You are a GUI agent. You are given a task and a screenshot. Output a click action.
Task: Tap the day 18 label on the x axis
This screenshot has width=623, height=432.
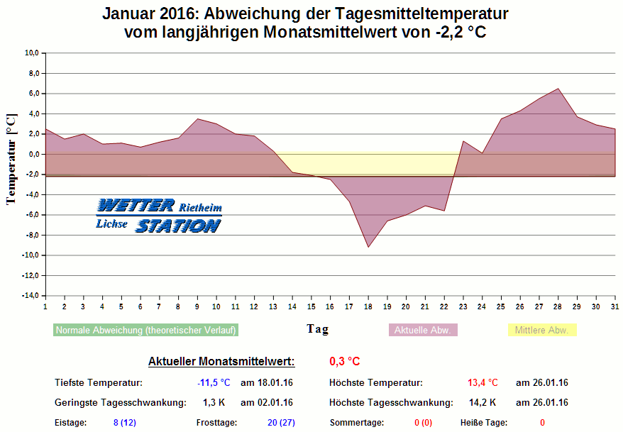368,306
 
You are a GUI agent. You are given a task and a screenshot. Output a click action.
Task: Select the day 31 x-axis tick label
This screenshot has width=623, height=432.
614,306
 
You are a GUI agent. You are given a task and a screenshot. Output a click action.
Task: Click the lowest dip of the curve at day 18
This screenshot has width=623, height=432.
368,247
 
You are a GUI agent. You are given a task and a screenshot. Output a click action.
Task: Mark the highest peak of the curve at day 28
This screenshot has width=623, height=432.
558,89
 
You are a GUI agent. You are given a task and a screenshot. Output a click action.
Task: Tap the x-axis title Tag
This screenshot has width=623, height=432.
317,329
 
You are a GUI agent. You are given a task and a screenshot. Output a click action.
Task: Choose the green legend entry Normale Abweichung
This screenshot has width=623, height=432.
146,330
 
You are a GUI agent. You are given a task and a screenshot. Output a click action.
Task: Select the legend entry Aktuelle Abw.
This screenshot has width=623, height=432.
424,330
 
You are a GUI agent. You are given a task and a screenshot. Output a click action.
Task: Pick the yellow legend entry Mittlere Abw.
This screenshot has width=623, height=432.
542,330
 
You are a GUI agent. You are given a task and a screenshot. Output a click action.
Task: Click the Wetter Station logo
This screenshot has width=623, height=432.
159,216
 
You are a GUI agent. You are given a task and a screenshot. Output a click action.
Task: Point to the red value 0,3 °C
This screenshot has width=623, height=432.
344,362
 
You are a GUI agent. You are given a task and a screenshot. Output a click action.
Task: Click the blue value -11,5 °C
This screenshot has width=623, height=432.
214,383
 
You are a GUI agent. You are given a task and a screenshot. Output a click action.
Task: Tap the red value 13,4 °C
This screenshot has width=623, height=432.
483,383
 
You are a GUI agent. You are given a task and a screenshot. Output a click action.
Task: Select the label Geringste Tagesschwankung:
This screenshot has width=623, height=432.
120,403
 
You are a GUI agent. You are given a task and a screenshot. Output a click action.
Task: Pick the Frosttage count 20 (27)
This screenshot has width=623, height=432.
281,423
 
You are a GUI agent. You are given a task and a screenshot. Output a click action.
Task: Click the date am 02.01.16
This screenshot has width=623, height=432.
267,403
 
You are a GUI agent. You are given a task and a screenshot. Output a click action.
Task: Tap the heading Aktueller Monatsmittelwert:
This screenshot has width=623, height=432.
221,362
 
